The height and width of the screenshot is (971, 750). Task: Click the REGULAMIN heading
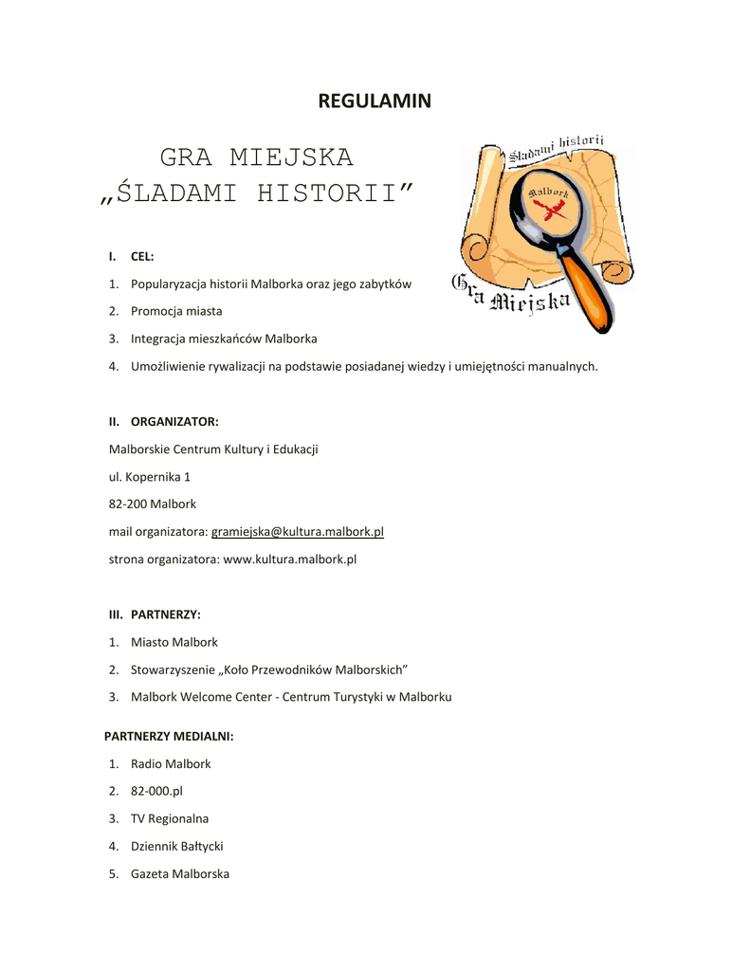(x=375, y=101)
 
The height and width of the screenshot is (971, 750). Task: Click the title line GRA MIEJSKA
(x=256, y=156)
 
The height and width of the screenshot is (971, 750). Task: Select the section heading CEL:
(x=142, y=256)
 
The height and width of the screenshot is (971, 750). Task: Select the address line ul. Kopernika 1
(x=150, y=477)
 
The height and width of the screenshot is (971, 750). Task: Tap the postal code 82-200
(x=127, y=504)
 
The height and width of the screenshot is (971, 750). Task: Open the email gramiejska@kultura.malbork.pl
(x=297, y=532)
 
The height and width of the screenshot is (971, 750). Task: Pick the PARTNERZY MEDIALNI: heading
(x=169, y=736)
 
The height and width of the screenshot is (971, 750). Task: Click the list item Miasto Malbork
(x=174, y=642)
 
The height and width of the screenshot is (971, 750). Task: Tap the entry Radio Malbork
(x=171, y=763)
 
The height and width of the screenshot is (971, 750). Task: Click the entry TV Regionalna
(x=170, y=818)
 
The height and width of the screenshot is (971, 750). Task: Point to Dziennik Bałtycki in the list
(x=177, y=846)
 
